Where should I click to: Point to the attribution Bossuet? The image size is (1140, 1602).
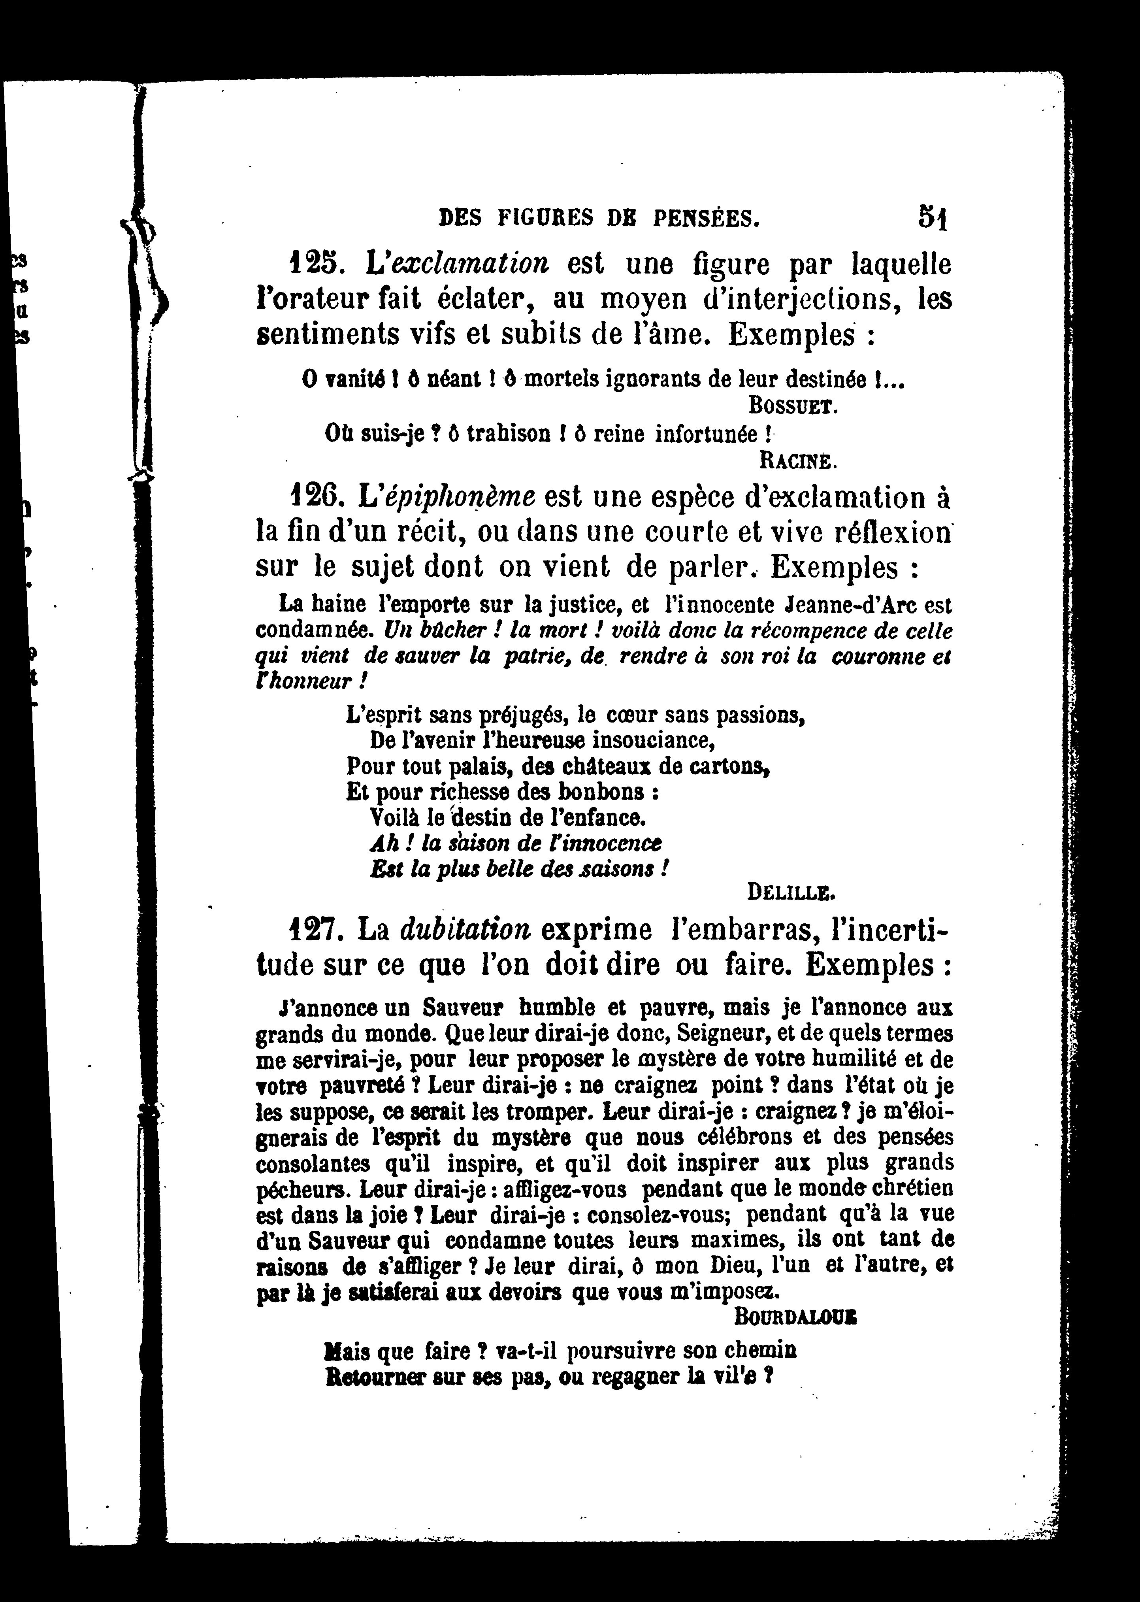point(793,406)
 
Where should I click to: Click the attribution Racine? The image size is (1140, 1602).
point(797,461)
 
